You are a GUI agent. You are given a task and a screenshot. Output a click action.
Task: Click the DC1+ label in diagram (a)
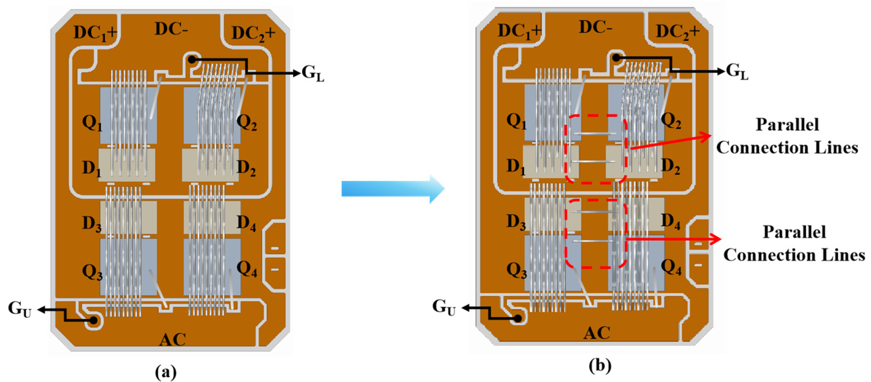(x=95, y=33)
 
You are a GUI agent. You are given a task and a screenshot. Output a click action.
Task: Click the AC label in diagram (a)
(x=173, y=339)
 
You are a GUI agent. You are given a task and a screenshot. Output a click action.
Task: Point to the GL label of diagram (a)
(x=312, y=73)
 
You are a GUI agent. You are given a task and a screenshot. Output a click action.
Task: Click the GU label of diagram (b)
(x=444, y=307)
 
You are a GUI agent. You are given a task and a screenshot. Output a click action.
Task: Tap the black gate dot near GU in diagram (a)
(x=93, y=320)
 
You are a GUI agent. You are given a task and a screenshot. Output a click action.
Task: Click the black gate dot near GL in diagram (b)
(x=616, y=58)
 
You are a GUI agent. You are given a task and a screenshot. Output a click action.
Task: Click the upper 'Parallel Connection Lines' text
(x=787, y=136)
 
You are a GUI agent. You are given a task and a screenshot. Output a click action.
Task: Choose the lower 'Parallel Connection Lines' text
(x=794, y=243)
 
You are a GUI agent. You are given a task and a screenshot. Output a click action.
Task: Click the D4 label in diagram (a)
(x=246, y=223)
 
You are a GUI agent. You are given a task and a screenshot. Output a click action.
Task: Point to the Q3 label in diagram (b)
(x=516, y=271)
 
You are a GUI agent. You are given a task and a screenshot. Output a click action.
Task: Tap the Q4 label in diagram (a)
(x=246, y=269)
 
